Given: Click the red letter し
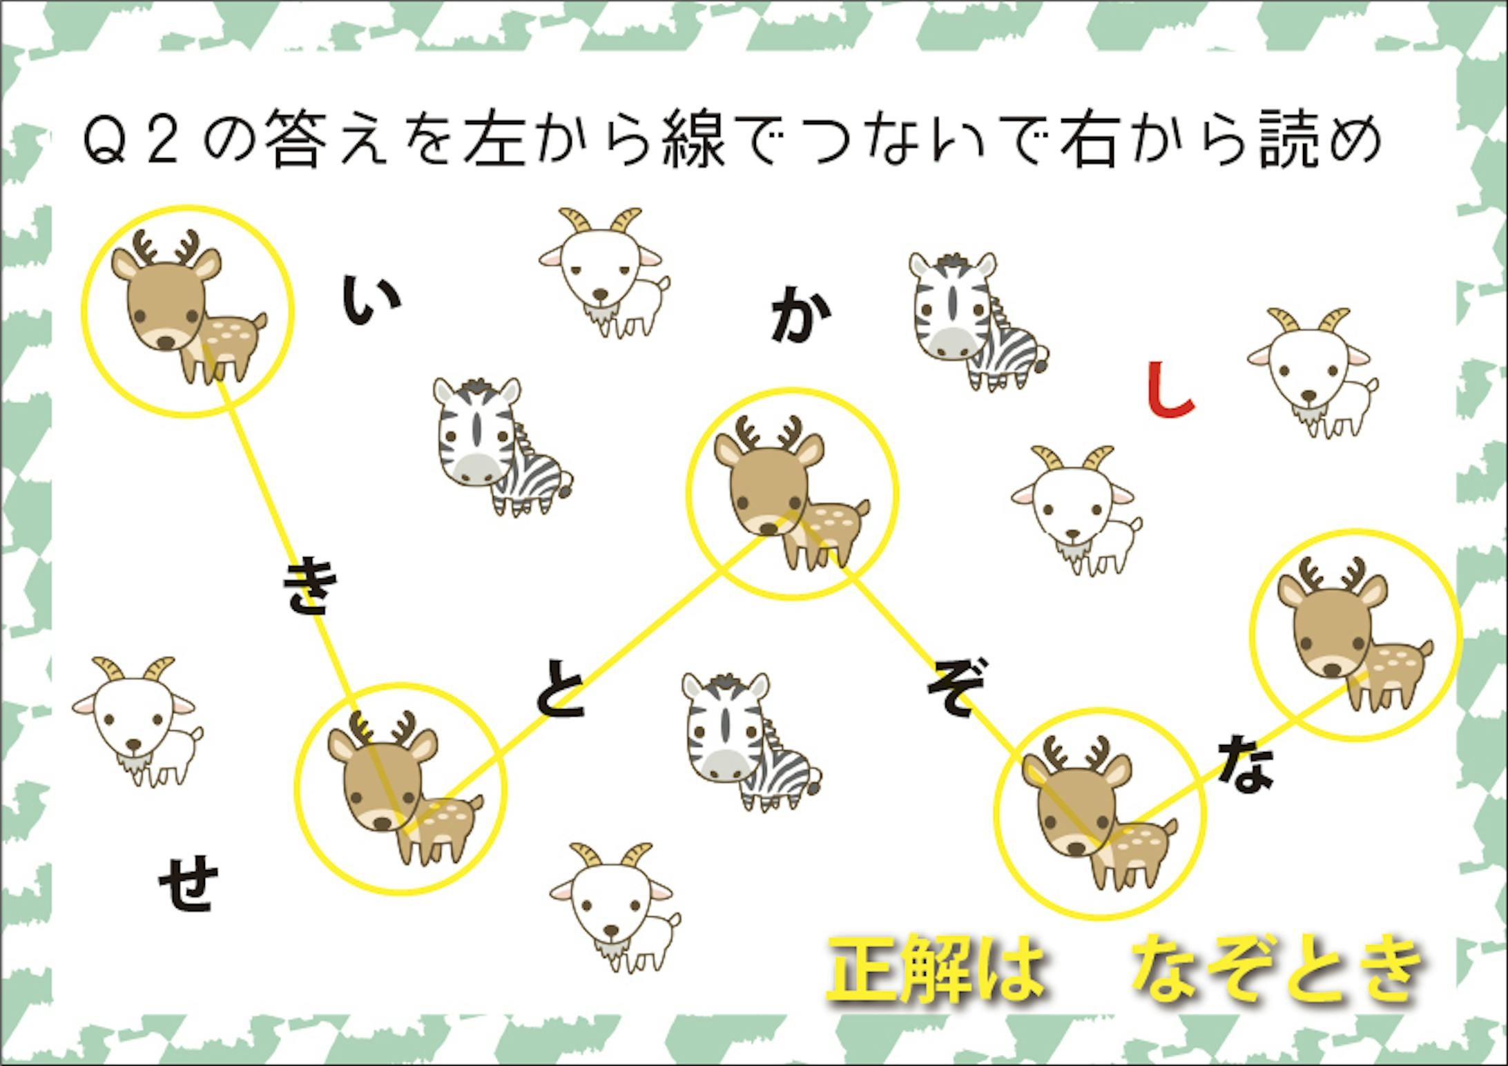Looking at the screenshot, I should point(1169,391).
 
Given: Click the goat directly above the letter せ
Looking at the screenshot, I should point(136,722).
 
